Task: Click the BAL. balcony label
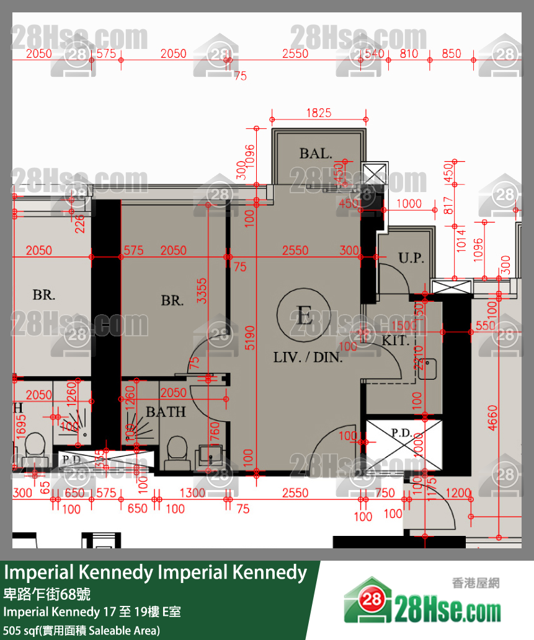(316, 153)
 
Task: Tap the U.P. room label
(410, 258)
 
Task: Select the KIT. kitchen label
(394, 340)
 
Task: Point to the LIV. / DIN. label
(308, 357)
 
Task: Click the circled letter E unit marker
(304, 316)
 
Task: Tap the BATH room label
(166, 411)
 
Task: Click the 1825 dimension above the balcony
(319, 113)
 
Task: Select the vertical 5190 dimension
(250, 337)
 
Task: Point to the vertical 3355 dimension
(202, 290)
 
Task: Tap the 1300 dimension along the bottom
(192, 493)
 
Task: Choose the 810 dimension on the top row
(409, 54)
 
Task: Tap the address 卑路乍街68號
(48, 594)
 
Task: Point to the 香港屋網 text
(476, 582)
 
